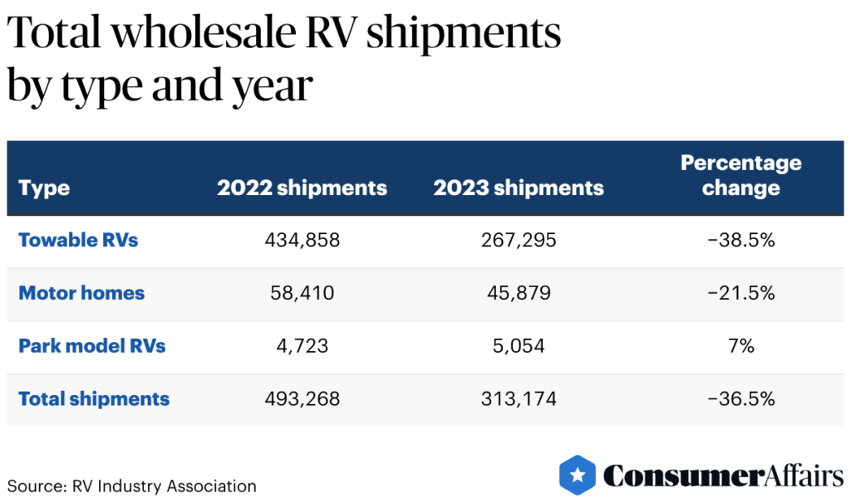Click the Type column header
pyautogui.click(x=44, y=188)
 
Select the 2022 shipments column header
pyautogui.click(x=302, y=188)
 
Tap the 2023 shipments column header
pyautogui.click(x=518, y=188)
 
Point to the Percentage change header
pyautogui.click(x=740, y=175)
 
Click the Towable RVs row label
pyautogui.click(x=78, y=241)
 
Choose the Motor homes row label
pyautogui.click(x=81, y=293)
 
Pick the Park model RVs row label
pyautogui.click(x=91, y=345)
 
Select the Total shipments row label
pyautogui.click(x=94, y=398)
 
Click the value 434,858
pyautogui.click(x=302, y=241)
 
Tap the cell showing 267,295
pyautogui.click(x=518, y=241)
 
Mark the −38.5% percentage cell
pyautogui.click(x=740, y=241)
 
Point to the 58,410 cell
pyautogui.click(x=302, y=293)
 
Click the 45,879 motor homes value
pyautogui.click(x=518, y=293)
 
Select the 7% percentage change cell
pyautogui.click(x=740, y=345)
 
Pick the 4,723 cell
pyautogui.click(x=302, y=345)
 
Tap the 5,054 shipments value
pyautogui.click(x=518, y=345)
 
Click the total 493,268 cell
pyautogui.click(x=302, y=398)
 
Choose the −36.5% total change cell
pyautogui.click(x=740, y=398)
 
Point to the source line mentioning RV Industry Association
pyautogui.click(x=132, y=486)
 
